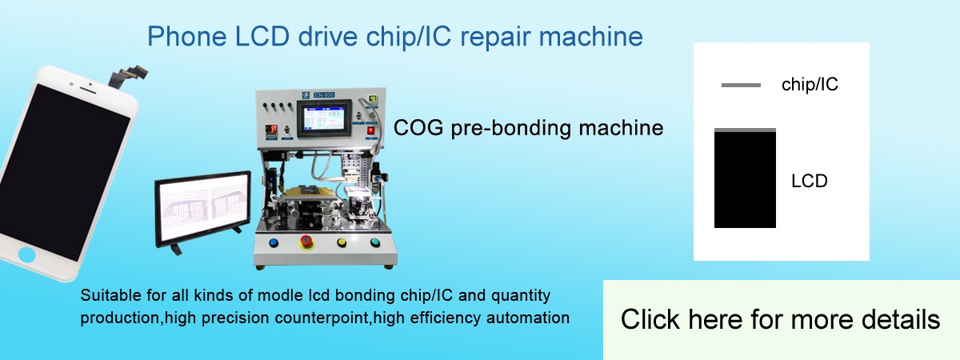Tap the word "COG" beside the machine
point(418,128)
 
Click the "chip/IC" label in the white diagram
point(810,85)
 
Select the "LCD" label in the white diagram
point(809,181)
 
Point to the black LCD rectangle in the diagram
point(745,179)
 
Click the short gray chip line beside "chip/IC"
point(741,86)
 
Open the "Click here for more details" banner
point(781,320)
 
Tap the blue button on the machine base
point(274,242)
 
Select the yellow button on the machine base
point(342,242)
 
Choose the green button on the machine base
point(375,242)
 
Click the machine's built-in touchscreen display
point(324,118)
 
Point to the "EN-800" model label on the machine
point(324,94)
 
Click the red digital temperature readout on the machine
point(271,129)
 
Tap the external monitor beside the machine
point(203,209)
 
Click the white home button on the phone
point(27,254)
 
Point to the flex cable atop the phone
point(127,76)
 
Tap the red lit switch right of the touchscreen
point(370,130)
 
